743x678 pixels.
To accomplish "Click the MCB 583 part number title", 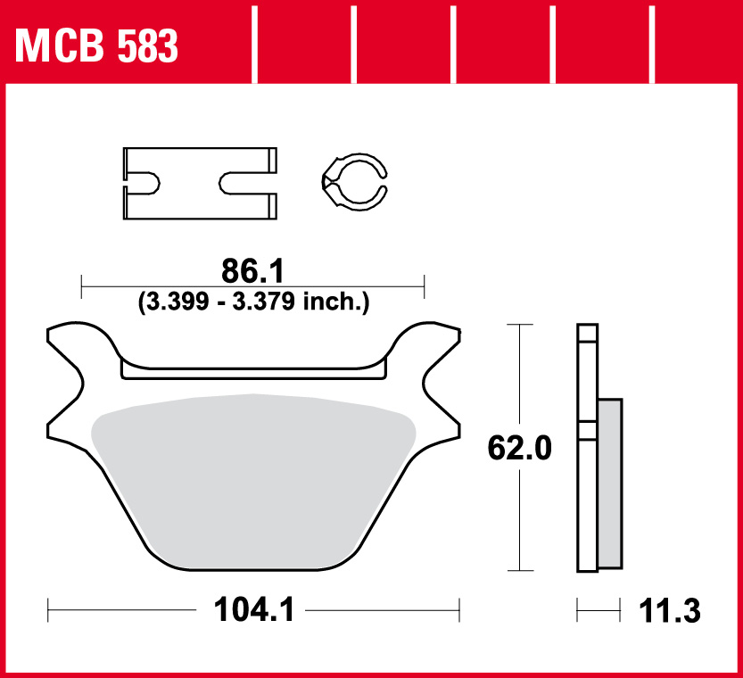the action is click(96, 46).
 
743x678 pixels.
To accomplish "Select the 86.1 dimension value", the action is click(252, 271).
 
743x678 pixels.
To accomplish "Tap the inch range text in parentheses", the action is click(253, 302).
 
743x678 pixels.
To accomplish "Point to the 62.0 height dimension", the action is click(520, 448).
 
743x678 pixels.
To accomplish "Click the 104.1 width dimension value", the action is click(254, 609).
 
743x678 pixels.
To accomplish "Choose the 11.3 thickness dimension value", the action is click(670, 611).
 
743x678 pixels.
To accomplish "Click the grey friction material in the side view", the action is click(610, 484).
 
